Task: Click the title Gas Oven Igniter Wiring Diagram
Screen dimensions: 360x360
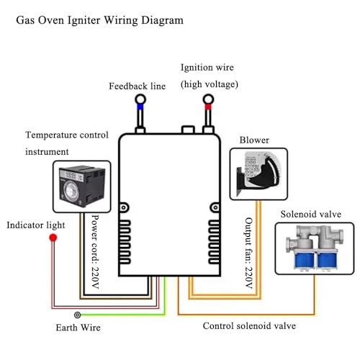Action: coord(99,19)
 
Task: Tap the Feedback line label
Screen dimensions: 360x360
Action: coord(137,86)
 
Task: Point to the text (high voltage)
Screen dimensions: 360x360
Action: coord(209,84)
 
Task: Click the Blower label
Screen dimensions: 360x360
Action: coord(254,140)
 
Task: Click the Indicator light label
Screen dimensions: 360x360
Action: coord(36,225)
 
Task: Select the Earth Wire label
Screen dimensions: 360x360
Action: coord(78,328)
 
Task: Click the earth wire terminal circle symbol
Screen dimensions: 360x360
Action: coord(78,315)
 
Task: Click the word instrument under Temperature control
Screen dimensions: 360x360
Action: coord(47,151)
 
